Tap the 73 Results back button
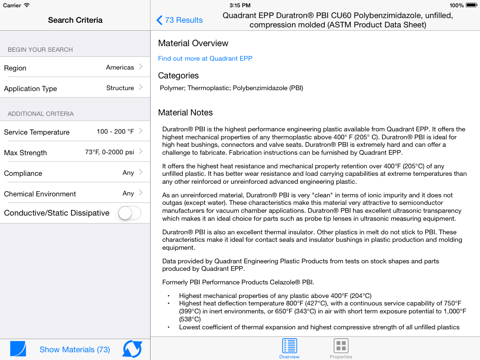(180, 20)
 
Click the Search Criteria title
(75, 20)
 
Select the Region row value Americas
(119, 68)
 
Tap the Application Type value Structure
(119, 88)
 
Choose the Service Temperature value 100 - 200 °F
(115, 132)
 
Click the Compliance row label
(25, 173)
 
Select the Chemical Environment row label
(40, 194)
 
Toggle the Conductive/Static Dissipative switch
(129, 213)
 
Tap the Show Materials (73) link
(75, 349)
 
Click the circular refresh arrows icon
(132, 349)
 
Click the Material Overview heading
(193, 43)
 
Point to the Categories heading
(178, 75)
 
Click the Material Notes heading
(185, 113)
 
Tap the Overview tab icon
(289, 346)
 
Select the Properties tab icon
(341, 346)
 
